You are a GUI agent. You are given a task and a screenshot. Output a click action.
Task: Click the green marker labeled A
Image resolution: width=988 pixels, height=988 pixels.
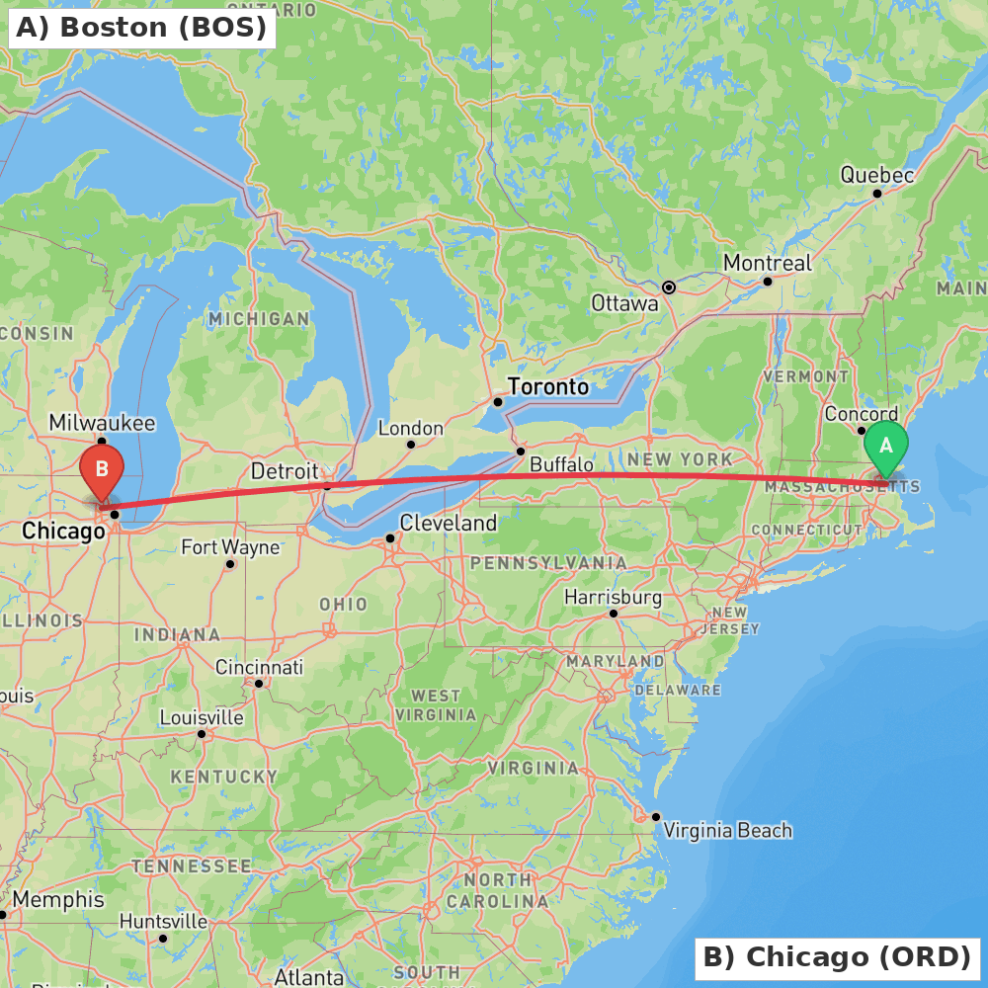(x=886, y=447)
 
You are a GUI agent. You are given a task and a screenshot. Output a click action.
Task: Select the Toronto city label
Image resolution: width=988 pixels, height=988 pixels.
(x=547, y=386)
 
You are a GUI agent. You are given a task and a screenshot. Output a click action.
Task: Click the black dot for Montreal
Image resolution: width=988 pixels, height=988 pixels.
(x=768, y=282)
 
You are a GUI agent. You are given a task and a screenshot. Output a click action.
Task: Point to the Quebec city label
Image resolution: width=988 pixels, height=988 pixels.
(x=877, y=175)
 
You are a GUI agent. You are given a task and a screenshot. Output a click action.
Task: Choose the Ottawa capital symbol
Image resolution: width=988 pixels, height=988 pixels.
(x=669, y=288)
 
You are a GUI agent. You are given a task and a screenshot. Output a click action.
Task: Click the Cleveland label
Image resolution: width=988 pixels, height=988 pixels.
(x=449, y=523)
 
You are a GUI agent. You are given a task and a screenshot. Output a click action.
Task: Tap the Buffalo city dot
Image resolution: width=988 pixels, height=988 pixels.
(x=521, y=452)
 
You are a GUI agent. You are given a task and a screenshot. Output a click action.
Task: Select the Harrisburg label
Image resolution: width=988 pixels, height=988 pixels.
(x=613, y=597)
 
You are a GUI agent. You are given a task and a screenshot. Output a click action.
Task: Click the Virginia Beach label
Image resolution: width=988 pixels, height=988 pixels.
(x=727, y=830)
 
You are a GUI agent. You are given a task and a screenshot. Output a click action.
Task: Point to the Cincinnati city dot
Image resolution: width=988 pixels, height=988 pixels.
(x=259, y=683)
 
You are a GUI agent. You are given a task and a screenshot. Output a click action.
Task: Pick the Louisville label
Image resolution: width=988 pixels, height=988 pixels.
(x=202, y=717)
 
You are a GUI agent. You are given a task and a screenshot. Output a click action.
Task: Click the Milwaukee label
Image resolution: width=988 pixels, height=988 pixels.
(x=102, y=423)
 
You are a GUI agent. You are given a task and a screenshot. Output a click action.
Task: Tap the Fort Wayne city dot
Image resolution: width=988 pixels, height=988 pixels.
(x=230, y=564)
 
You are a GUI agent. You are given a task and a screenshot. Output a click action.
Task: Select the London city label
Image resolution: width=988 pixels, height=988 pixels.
(x=411, y=428)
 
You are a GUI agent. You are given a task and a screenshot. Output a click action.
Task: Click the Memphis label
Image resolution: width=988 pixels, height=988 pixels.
(x=58, y=900)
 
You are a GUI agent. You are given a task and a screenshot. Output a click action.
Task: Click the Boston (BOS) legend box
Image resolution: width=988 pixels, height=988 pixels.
(x=141, y=28)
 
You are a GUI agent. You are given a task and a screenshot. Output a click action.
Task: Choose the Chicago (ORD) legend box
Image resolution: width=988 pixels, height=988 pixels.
(x=837, y=957)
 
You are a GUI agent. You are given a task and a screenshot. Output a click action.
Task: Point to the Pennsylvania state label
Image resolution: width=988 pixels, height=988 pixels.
(x=547, y=562)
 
